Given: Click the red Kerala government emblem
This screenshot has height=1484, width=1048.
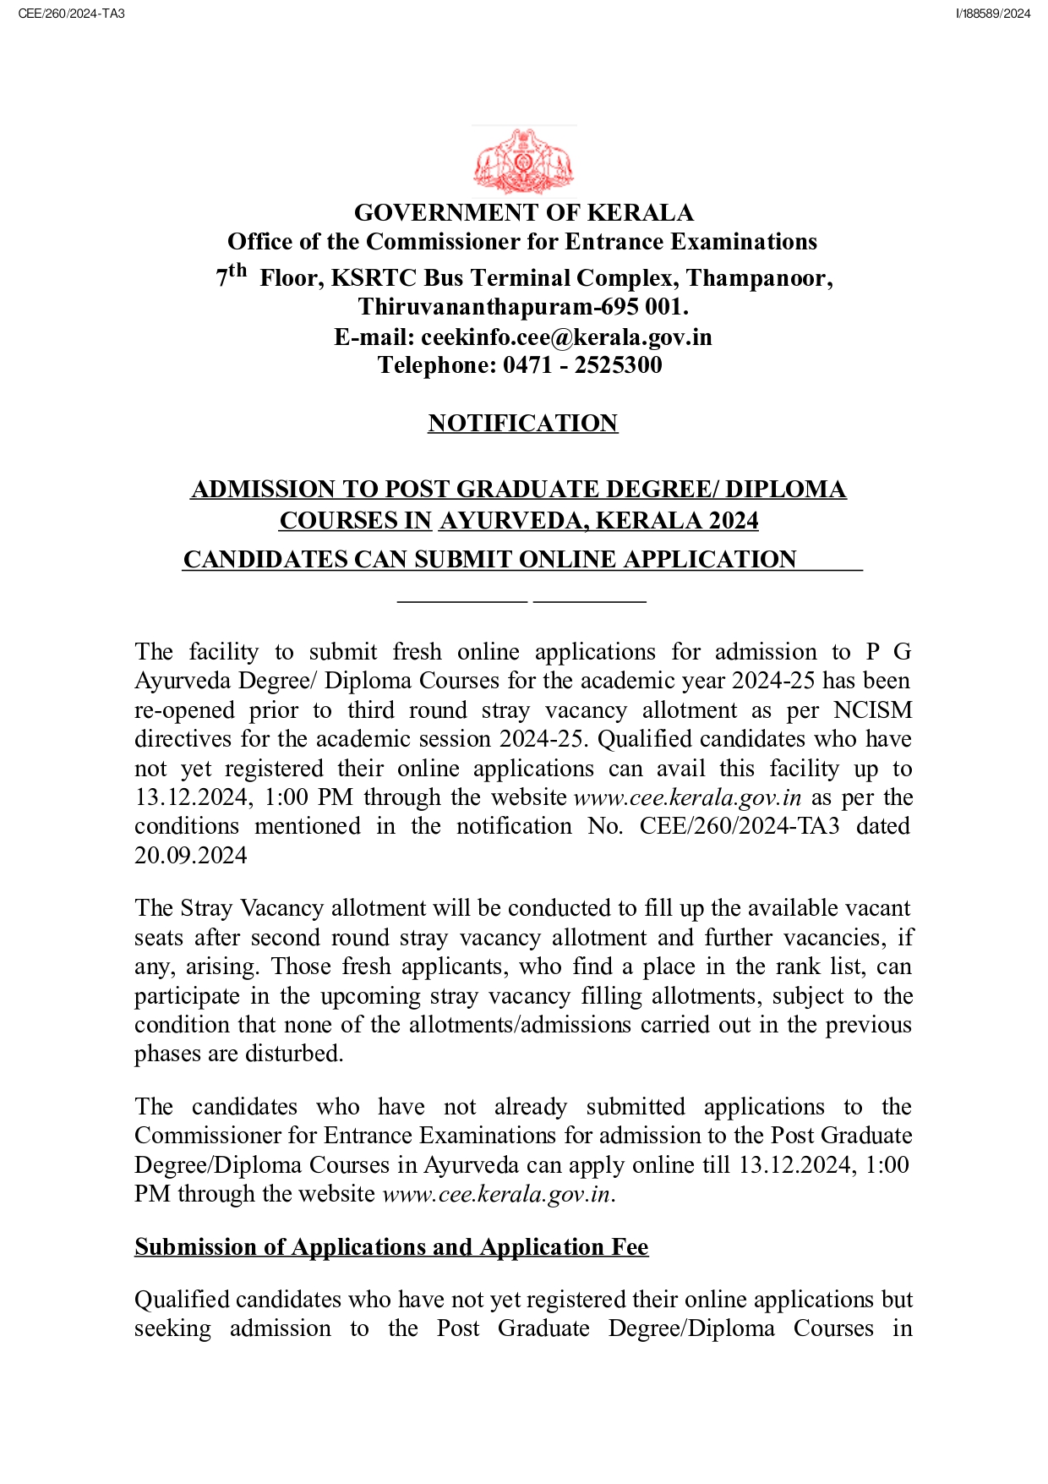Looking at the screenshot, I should pyautogui.click(x=523, y=162).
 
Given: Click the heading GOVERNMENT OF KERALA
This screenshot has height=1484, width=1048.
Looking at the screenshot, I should pyautogui.click(x=523, y=212).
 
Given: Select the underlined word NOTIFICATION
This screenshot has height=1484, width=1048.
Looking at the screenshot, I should pyautogui.click(x=522, y=423).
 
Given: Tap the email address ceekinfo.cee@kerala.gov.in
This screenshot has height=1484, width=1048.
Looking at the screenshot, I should pyautogui.click(x=566, y=337).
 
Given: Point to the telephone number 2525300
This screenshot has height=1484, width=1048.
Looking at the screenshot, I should pyautogui.click(x=618, y=365).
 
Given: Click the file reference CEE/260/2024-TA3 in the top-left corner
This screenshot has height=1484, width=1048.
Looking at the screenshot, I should pyautogui.click(x=71, y=14).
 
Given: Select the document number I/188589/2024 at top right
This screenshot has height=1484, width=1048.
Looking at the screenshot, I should pyautogui.click(x=993, y=14).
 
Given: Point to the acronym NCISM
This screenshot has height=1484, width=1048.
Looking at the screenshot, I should pyautogui.click(x=872, y=710).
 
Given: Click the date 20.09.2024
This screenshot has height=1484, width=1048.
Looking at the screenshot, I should pyautogui.click(x=191, y=856).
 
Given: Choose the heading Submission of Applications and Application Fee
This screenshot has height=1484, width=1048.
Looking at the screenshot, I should pyautogui.click(x=391, y=1247).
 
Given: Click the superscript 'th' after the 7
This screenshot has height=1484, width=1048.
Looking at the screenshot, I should pyautogui.click(x=237, y=271).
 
